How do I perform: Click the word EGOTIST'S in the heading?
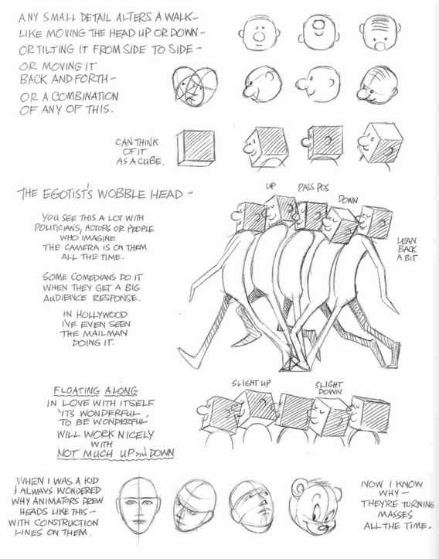pos(69,193)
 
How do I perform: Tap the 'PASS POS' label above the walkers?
pos(313,188)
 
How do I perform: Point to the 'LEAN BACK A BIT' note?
pos(407,249)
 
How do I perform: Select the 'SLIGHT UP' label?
pos(251,383)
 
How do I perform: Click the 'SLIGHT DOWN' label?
pos(328,388)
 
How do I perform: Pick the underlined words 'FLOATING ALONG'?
pos(96,390)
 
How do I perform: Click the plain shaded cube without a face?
pos(196,148)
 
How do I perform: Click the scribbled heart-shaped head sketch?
pos(195,87)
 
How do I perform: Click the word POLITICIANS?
pos(53,227)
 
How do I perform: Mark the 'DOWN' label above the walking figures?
pos(348,199)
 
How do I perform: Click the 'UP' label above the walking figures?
pos(271,186)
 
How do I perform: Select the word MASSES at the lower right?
pos(395,514)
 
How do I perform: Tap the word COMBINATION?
pos(85,96)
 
